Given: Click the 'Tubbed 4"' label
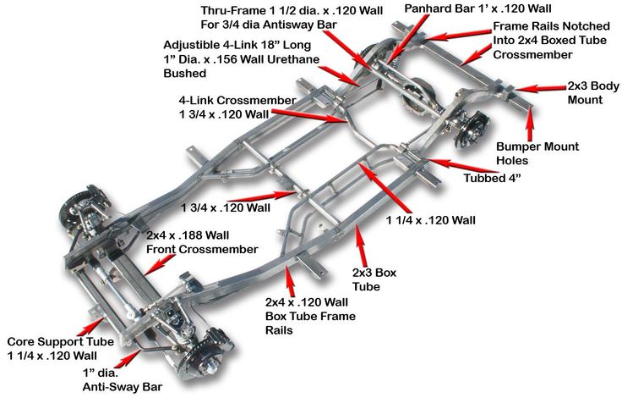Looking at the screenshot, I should click(492, 179).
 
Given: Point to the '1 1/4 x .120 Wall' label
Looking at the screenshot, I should click(431, 220).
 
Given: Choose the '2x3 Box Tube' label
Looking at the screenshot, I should click(374, 279).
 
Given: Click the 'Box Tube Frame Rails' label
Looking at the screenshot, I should click(310, 316).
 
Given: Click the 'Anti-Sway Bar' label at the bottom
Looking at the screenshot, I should click(122, 388).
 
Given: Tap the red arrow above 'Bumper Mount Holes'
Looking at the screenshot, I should click(530, 124).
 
